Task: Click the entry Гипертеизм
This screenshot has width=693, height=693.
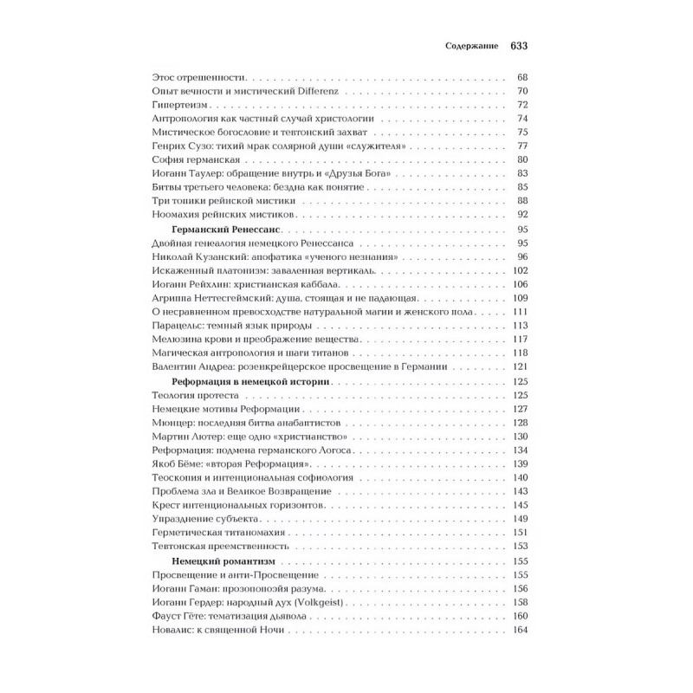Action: [175, 105]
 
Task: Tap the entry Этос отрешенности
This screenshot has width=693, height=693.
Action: [193, 77]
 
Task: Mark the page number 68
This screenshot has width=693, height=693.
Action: [521, 77]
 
